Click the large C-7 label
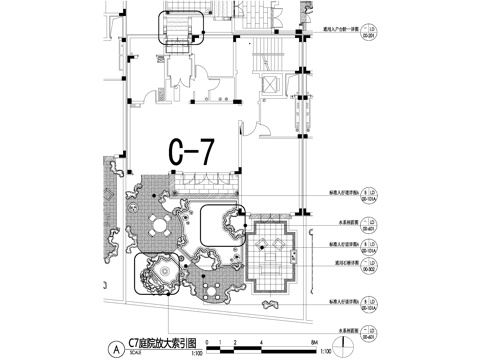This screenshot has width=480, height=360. coord(189,152)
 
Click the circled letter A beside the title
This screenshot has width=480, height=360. coord(118,349)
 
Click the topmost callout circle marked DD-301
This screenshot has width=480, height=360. coord(370,30)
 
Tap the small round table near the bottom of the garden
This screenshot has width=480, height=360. coord(211,292)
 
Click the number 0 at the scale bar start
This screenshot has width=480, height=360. coord(209,343)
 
